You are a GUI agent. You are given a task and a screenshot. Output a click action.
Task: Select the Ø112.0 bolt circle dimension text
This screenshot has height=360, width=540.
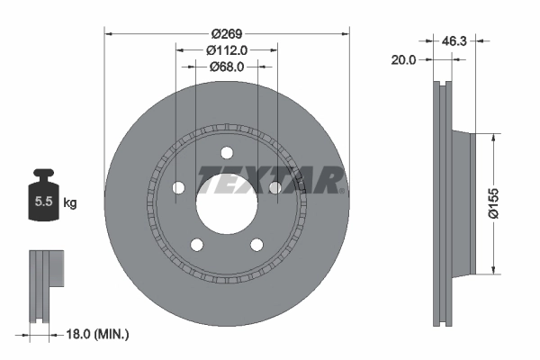(227, 50)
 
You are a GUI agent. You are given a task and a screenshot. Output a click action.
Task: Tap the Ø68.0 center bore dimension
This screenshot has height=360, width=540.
(227, 67)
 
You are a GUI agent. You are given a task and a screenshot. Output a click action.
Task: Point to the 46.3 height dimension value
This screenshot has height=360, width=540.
(454, 40)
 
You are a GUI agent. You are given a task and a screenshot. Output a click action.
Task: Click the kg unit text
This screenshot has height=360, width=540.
(70, 203)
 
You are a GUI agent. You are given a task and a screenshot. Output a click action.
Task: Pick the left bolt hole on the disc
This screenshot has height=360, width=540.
(178, 187)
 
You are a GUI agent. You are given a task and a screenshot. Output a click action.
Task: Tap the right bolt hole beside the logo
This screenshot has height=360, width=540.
(274, 187)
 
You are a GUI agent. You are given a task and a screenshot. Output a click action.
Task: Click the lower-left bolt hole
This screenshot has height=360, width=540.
(196, 243)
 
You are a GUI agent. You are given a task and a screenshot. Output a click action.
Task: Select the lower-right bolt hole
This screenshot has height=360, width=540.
(256, 243)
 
